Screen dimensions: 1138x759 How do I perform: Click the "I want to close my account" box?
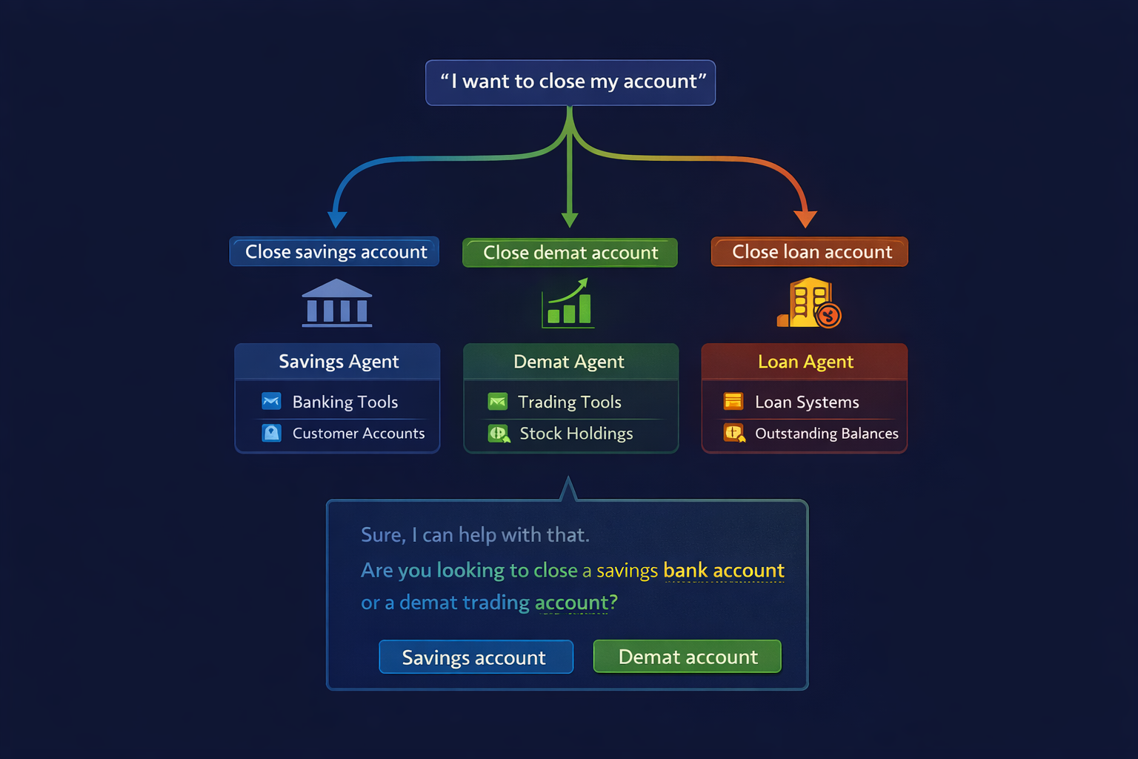coord(570,82)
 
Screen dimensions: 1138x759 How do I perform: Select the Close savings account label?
coord(334,252)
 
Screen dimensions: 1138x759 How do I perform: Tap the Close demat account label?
coord(570,253)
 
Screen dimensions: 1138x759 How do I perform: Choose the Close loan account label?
coord(809,252)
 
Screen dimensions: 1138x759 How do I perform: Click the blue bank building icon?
coord(337,302)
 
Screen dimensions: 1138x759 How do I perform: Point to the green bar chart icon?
coord(568,303)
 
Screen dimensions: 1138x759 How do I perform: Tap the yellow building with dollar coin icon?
coord(809,302)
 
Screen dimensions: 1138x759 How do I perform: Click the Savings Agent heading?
coord(339,362)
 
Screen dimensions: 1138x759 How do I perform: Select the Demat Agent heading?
coord(568,362)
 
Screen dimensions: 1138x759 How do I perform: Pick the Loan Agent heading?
coord(806,362)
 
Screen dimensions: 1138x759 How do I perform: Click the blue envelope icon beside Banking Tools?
coord(271,401)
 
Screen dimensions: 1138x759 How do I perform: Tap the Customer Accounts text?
coord(359,433)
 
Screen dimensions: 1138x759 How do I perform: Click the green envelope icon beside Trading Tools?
coord(497,401)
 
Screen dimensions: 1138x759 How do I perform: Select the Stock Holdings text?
coord(576,433)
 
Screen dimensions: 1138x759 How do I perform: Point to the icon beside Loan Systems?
coord(733,401)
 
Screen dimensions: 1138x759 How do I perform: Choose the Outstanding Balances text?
coord(827,433)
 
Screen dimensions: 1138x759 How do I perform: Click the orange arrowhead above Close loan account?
coord(805,219)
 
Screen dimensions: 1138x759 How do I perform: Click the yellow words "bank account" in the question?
coord(724,571)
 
